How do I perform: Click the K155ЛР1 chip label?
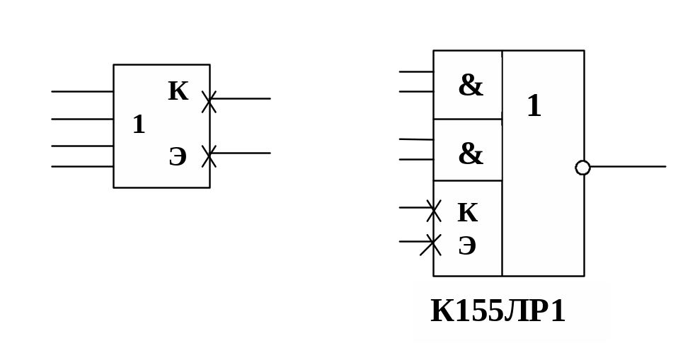(x=498, y=312)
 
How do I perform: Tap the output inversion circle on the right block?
(x=582, y=168)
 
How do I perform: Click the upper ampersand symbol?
(x=470, y=86)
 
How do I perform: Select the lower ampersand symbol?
(x=470, y=154)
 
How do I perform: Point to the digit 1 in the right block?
(x=534, y=107)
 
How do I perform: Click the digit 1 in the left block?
(x=139, y=125)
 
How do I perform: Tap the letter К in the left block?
(x=178, y=92)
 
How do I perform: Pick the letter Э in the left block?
(x=178, y=157)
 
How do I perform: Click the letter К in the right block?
(x=467, y=213)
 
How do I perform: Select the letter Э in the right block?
(x=467, y=246)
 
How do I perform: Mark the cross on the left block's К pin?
(x=209, y=101)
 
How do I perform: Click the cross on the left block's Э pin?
(x=209, y=156)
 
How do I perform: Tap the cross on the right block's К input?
(x=433, y=210)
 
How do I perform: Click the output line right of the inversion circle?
(x=628, y=167)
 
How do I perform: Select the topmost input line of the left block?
(x=82, y=91)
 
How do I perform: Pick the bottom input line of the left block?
(x=82, y=167)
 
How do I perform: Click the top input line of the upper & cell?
(x=416, y=71)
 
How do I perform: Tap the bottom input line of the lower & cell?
(x=416, y=160)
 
